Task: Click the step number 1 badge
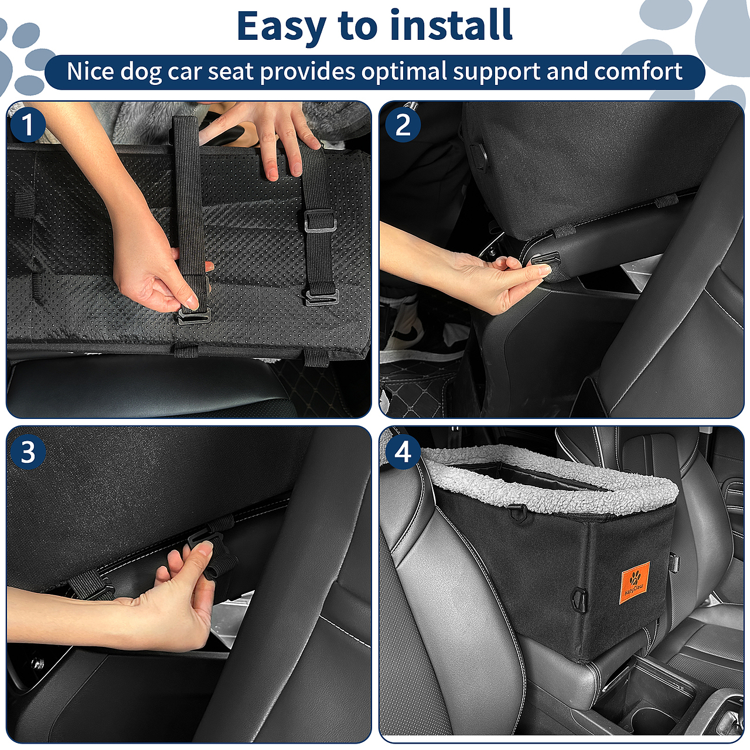[x=28, y=125]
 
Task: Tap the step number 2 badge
[x=403, y=125]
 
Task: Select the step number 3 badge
[x=28, y=452]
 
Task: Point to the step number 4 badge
[x=403, y=452]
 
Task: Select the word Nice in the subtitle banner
[x=91, y=71]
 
